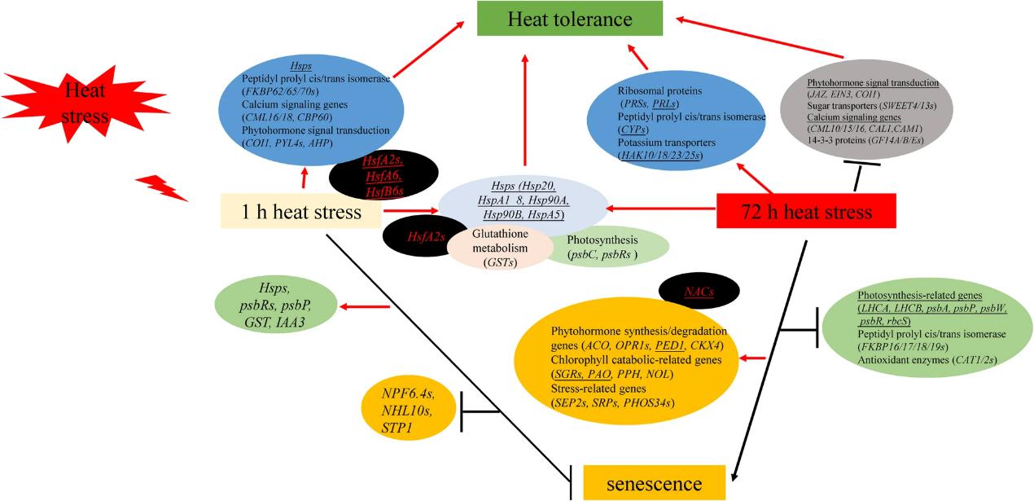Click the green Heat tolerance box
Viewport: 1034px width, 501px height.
click(570, 18)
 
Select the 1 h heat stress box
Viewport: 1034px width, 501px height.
click(300, 213)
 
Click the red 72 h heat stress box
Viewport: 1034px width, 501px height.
click(806, 212)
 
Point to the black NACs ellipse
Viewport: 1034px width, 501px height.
click(699, 290)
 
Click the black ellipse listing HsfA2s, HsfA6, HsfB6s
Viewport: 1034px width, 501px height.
click(383, 174)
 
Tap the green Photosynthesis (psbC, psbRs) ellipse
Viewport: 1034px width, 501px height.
click(607, 248)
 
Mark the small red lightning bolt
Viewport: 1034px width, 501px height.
click(160, 187)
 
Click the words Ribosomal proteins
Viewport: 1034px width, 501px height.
click(646, 91)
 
